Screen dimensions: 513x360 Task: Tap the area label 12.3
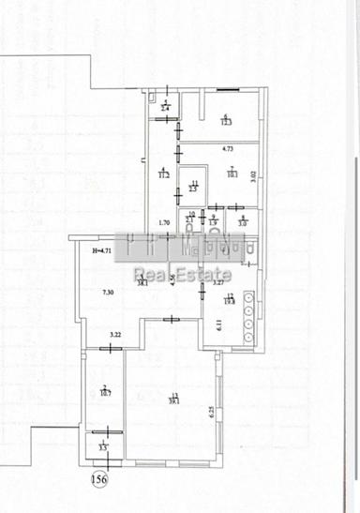226,122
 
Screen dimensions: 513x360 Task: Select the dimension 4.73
227,149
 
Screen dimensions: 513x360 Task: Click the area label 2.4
165,110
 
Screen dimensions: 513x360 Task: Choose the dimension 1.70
163,223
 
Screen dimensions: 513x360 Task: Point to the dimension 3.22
116,334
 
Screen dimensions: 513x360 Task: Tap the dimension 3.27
217,282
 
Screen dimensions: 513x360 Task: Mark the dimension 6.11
219,325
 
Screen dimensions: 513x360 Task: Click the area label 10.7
106,393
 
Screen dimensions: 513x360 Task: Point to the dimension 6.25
213,411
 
